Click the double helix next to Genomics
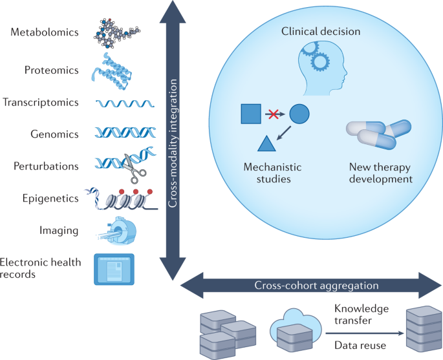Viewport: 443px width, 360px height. pos(123,133)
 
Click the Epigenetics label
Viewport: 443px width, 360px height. pos(50,198)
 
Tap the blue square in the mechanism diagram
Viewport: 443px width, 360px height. pos(252,114)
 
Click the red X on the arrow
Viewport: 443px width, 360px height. pos(274,114)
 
